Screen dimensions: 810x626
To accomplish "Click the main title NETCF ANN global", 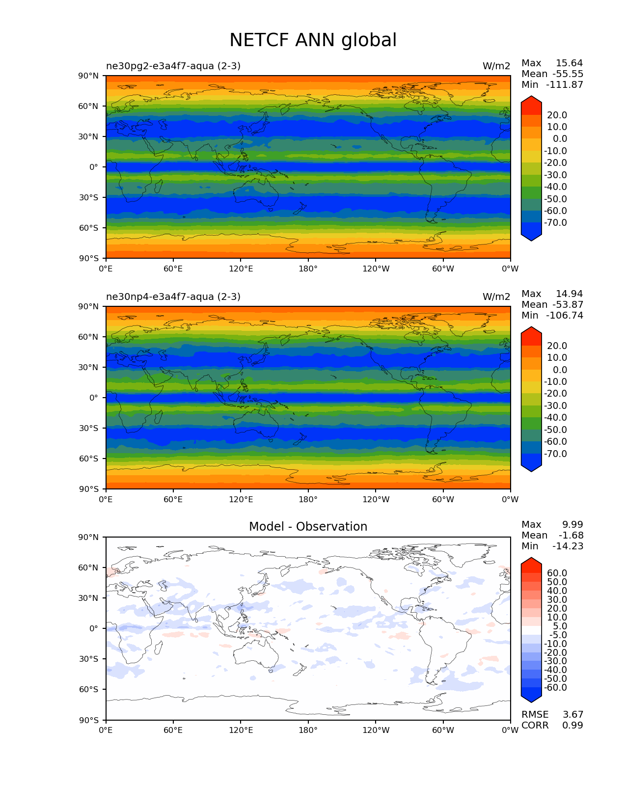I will tap(313, 40).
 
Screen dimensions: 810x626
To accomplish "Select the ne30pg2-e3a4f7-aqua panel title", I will tap(173, 66).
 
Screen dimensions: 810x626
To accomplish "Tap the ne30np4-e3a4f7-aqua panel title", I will tap(173, 297).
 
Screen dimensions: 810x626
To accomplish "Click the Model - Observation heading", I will tap(308, 527).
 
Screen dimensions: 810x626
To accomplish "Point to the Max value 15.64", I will tap(569, 63).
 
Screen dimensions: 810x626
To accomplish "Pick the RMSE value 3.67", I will tap(572, 714).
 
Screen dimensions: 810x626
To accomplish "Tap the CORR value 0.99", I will tap(572, 725).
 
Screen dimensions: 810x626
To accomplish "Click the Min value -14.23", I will tap(568, 546).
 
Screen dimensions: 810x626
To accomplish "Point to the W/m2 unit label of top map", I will tap(496, 66).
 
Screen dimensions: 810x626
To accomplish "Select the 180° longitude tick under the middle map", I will tap(308, 499).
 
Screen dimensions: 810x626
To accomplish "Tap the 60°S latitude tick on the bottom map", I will tap(89, 689).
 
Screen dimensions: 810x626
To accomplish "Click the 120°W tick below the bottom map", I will tap(376, 730).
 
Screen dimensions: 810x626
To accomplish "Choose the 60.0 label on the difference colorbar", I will tap(557, 573).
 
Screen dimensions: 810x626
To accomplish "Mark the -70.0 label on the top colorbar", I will tap(555, 222).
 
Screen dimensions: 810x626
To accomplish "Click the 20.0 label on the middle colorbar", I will tap(557, 346).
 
